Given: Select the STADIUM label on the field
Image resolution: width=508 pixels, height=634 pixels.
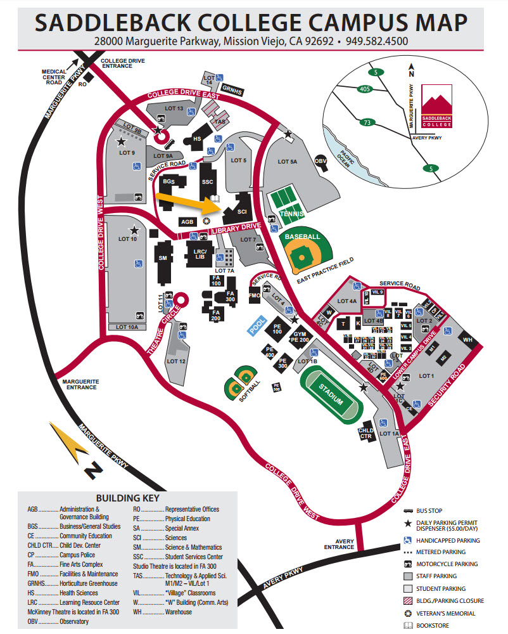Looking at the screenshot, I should pyautogui.click(x=331, y=393).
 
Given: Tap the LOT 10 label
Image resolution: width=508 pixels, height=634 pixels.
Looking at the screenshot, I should pyautogui.click(x=127, y=239).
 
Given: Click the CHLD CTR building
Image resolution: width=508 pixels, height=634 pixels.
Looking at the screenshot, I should pyautogui.click(x=366, y=433).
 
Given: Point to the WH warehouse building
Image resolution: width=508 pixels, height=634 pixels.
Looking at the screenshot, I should pyautogui.click(x=469, y=340).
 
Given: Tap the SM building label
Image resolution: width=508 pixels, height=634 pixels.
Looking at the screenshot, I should pyautogui.click(x=163, y=259).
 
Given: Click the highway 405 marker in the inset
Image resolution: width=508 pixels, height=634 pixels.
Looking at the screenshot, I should pyautogui.click(x=364, y=89).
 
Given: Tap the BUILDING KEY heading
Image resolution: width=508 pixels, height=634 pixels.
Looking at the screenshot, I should pyautogui.click(x=127, y=498).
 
